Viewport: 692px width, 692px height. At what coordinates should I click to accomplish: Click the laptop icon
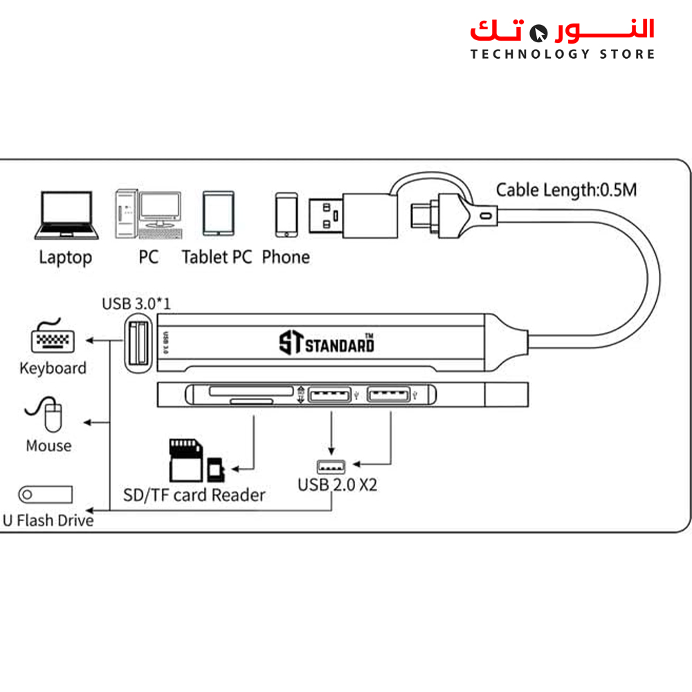(x=65, y=215)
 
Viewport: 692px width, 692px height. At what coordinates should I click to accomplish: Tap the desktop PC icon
(x=148, y=214)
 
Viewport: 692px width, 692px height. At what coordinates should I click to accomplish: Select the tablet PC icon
(x=217, y=214)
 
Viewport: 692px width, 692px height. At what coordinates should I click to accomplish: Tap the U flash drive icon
(x=46, y=494)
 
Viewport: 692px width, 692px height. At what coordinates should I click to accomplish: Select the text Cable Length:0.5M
(x=566, y=189)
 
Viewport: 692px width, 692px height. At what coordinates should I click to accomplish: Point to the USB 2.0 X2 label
(x=338, y=484)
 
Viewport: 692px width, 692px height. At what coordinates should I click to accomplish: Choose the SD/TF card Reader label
(x=194, y=495)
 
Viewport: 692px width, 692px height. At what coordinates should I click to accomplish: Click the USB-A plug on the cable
(x=325, y=215)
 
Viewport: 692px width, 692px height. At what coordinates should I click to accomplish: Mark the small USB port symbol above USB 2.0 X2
(x=329, y=464)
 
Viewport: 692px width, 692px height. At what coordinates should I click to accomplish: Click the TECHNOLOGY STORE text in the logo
(x=562, y=53)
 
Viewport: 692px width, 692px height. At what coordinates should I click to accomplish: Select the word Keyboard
(x=53, y=368)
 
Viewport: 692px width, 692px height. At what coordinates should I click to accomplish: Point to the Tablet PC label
(x=217, y=257)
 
